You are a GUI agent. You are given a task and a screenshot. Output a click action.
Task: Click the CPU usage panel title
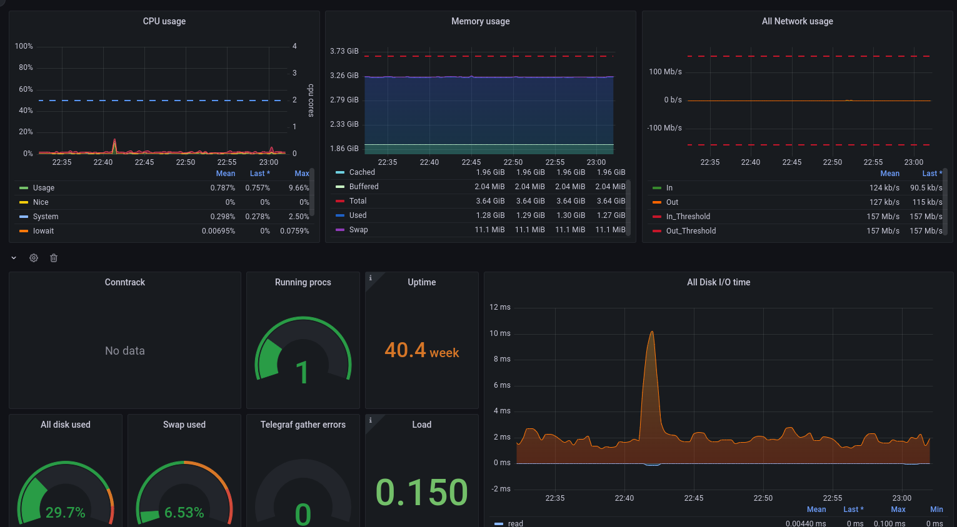tap(164, 21)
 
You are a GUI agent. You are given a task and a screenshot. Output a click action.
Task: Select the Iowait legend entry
tap(43, 231)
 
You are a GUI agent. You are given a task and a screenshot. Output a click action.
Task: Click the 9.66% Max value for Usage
tap(299, 188)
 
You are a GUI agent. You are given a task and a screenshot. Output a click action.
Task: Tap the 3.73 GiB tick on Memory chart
tap(344, 51)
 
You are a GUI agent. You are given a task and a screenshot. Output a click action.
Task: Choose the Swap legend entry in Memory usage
tap(358, 230)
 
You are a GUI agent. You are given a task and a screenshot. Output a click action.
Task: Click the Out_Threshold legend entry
tap(691, 231)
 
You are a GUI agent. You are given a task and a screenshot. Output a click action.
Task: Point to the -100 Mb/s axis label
tap(664, 128)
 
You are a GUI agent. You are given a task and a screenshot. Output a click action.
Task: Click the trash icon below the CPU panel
tap(53, 258)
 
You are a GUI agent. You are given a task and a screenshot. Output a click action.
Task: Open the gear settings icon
tap(34, 258)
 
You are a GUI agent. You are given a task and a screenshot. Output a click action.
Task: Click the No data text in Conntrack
tap(125, 351)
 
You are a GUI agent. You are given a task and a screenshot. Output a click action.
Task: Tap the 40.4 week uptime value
tap(422, 351)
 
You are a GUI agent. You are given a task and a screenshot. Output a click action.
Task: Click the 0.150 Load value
tap(421, 492)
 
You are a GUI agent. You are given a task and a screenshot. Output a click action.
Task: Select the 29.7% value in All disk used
tap(66, 512)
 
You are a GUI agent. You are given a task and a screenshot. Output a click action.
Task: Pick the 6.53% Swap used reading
tap(184, 512)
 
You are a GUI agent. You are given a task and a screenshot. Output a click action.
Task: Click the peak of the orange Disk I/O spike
tap(652, 332)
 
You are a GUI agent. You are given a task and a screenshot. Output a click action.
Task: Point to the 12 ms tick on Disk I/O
tap(500, 307)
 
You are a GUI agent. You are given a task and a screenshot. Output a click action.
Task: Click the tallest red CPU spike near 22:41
tap(114, 139)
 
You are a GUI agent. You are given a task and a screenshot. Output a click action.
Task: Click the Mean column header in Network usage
tap(889, 174)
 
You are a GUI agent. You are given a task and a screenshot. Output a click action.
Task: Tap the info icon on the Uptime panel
tap(371, 278)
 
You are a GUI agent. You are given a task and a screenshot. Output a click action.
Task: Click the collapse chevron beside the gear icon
tap(14, 258)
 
